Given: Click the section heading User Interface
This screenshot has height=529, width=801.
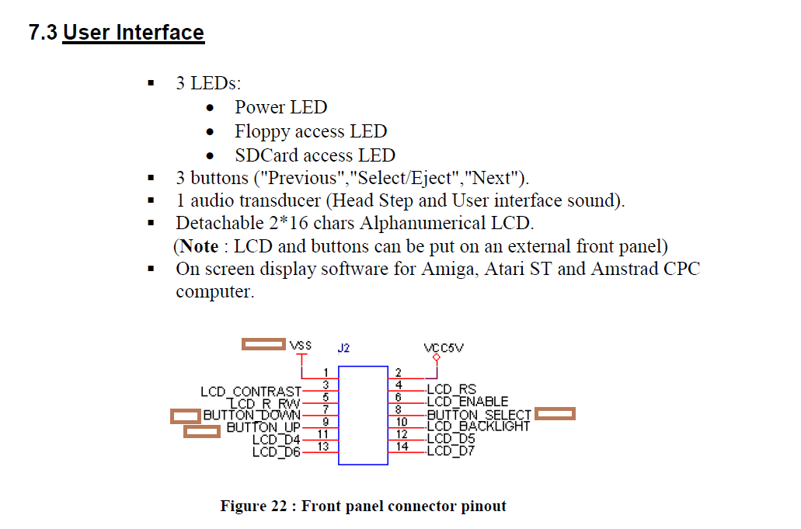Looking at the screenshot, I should [x=133, y=33].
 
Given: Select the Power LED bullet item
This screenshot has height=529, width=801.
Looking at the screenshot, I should [x=280, y=107].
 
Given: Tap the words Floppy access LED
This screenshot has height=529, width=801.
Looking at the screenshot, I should [x=310, y=131].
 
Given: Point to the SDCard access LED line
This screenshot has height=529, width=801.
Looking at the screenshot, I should [x=315, y=155].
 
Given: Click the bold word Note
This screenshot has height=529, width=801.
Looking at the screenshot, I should [x=199, y=246].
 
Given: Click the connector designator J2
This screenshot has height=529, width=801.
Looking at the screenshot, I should [x=343, y=349].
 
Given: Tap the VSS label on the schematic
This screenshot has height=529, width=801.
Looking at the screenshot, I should [x=300, y=345].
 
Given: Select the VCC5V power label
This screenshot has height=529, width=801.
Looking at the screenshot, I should [x=444, y=348].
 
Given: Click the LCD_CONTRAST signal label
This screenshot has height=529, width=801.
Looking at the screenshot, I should [x=250, y=392].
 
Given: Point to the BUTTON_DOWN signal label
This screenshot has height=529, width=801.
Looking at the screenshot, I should [x=252, y=416].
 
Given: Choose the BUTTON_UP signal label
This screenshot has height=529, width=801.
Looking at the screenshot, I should [x=263, y=428].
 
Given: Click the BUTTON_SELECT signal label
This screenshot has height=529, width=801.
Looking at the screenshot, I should [x=479, y=415].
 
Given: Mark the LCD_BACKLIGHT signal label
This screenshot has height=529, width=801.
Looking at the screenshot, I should [x=478, y=426].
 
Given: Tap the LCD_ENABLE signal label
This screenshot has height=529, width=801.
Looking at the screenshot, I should [x=467, y=402].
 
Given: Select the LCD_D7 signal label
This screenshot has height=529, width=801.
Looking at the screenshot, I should [x=450, y=451].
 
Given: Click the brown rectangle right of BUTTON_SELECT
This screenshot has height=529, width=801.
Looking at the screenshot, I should [x=555, y=414].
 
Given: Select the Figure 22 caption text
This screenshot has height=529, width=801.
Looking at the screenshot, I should [x=363, y=506].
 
